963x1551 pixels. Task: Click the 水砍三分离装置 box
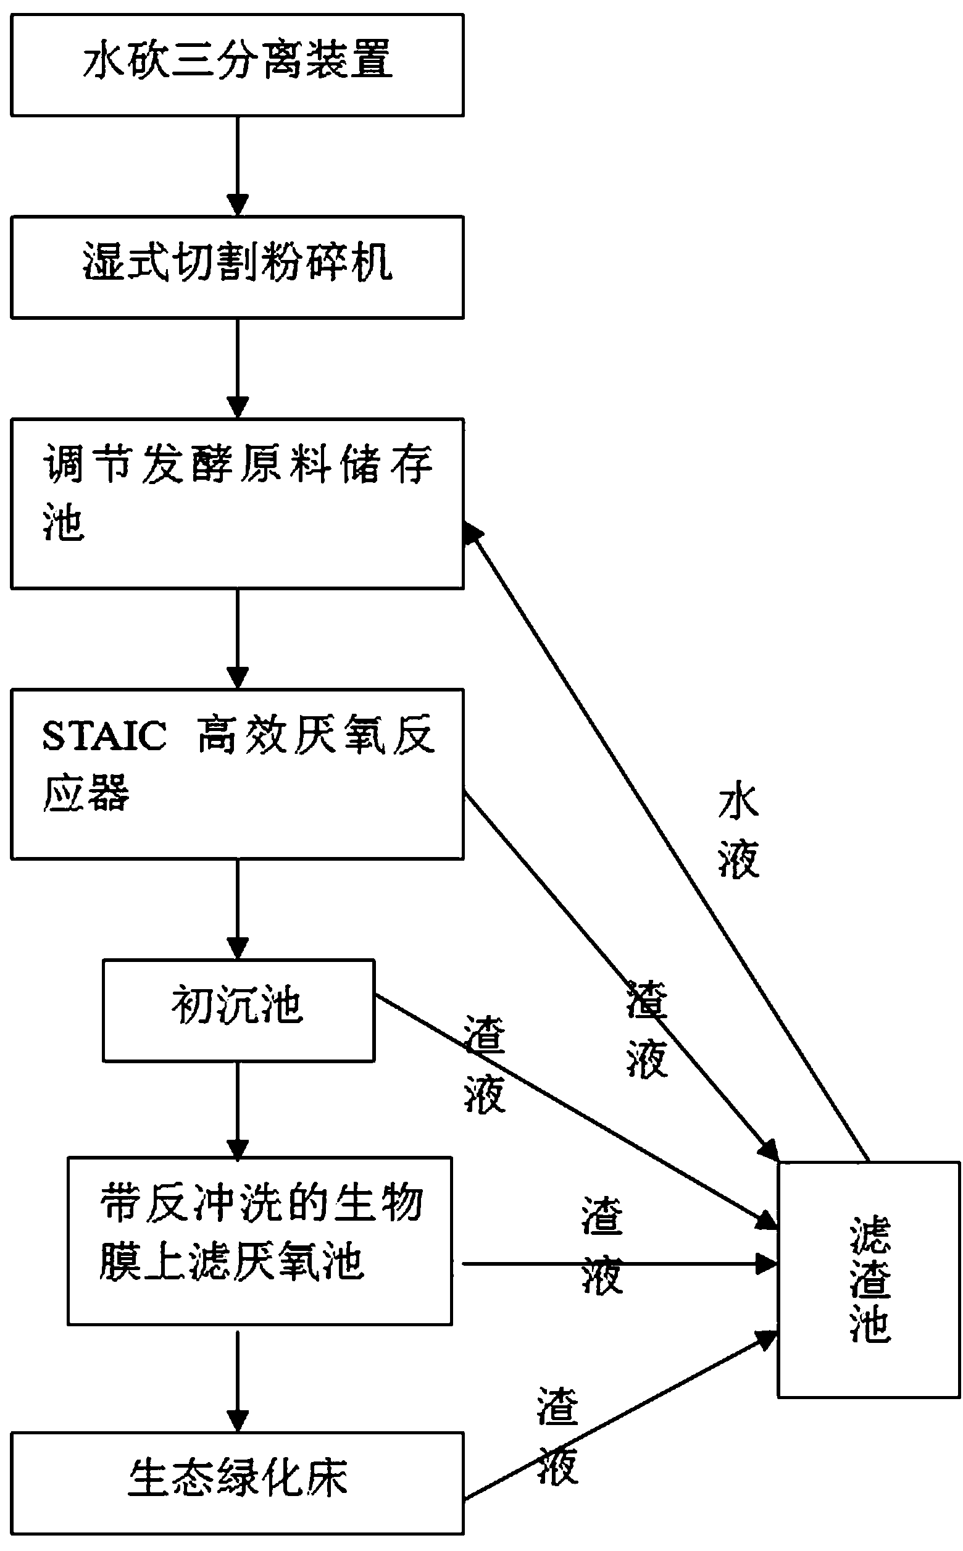pyautogui.click(x=237, y=65)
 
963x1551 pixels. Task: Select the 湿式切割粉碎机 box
pyautogui.click(x=237, y=267)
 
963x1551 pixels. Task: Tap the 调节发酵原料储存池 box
pyautogui.click(x=237, y=503)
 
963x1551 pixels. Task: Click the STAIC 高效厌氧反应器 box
pyautogui.click(x=237, y=773)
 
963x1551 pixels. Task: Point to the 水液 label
pyautogui.click(x=739, y=832)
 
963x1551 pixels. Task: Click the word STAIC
pyautogui.click(x=104, y=736)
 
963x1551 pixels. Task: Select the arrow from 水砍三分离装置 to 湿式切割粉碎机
pyautogui.click(x=238, y=165)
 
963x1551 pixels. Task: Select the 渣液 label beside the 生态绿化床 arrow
pyautogui.click(x=558, y=1436)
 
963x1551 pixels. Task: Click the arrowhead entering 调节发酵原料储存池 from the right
pyautogui.click(x=473, y=532)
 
